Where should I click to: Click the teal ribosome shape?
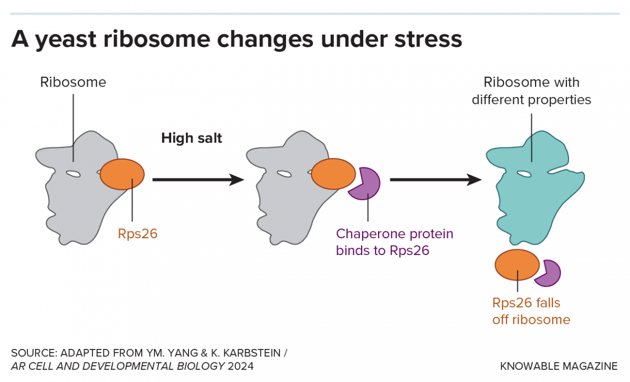click(x=530, y=199)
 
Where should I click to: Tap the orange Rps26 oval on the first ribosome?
click(x=122, y=174)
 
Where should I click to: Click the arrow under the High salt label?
click(x=197, y=180)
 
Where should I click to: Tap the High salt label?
click(x=192, y=139)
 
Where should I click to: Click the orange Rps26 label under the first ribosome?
click(x=138, y=234)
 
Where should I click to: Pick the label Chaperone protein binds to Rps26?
click(x=394, y=241)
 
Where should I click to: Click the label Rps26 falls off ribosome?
click(x=531, y=311)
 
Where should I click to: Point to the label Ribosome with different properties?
click(x=531, y=91)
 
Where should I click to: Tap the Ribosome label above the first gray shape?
click(x=73, y=82)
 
